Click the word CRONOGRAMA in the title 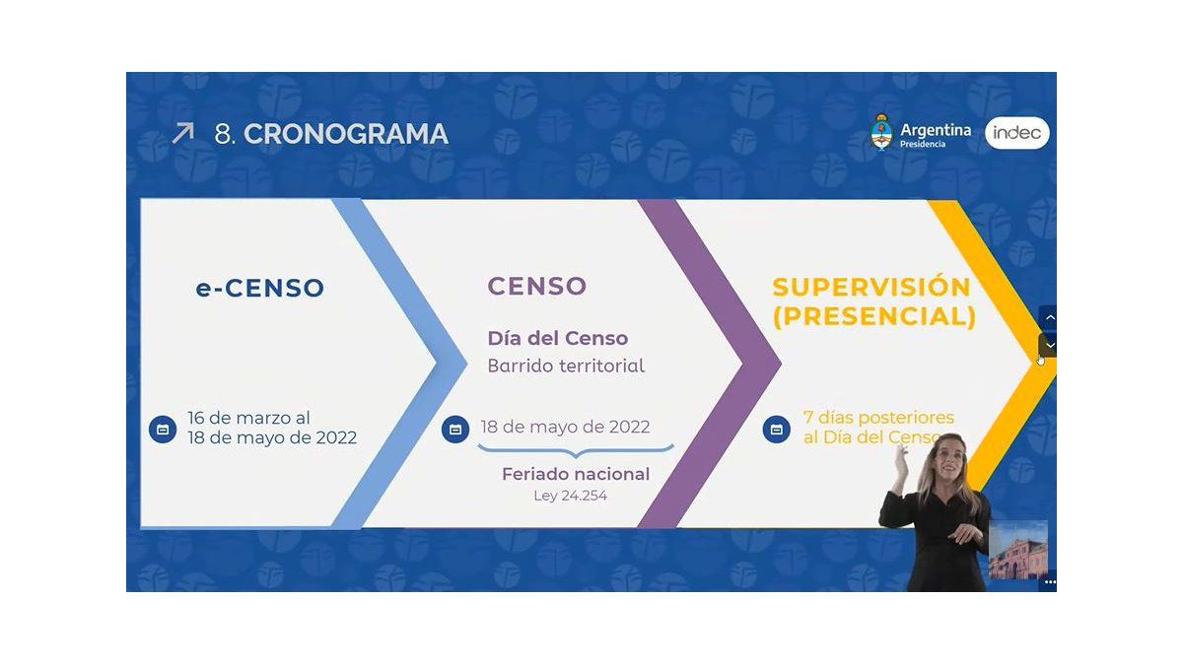(x=346, y=134)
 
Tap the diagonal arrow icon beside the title (x=183, y=133)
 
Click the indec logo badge (x=1017, y=133)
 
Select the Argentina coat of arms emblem (x=881, y=132)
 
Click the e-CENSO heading (x=260, y=288)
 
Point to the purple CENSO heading (x=536, y=286)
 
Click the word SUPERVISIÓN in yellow (x=871, y=288)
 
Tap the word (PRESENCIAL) (x=874, y=316)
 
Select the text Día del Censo (x=558, y=338)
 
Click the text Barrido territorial (x=566, y=366)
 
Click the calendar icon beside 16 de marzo (x=163, y=430)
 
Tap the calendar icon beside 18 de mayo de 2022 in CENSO (x=455, y=430)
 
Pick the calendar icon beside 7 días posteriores (x=777, y=430)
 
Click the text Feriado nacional (x=576, y=474)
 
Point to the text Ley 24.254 (x=571, y=496)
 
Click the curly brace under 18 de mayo (x=576, y=451)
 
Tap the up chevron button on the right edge (x=1048, y=317)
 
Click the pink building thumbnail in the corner (x=1017, y=550)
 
